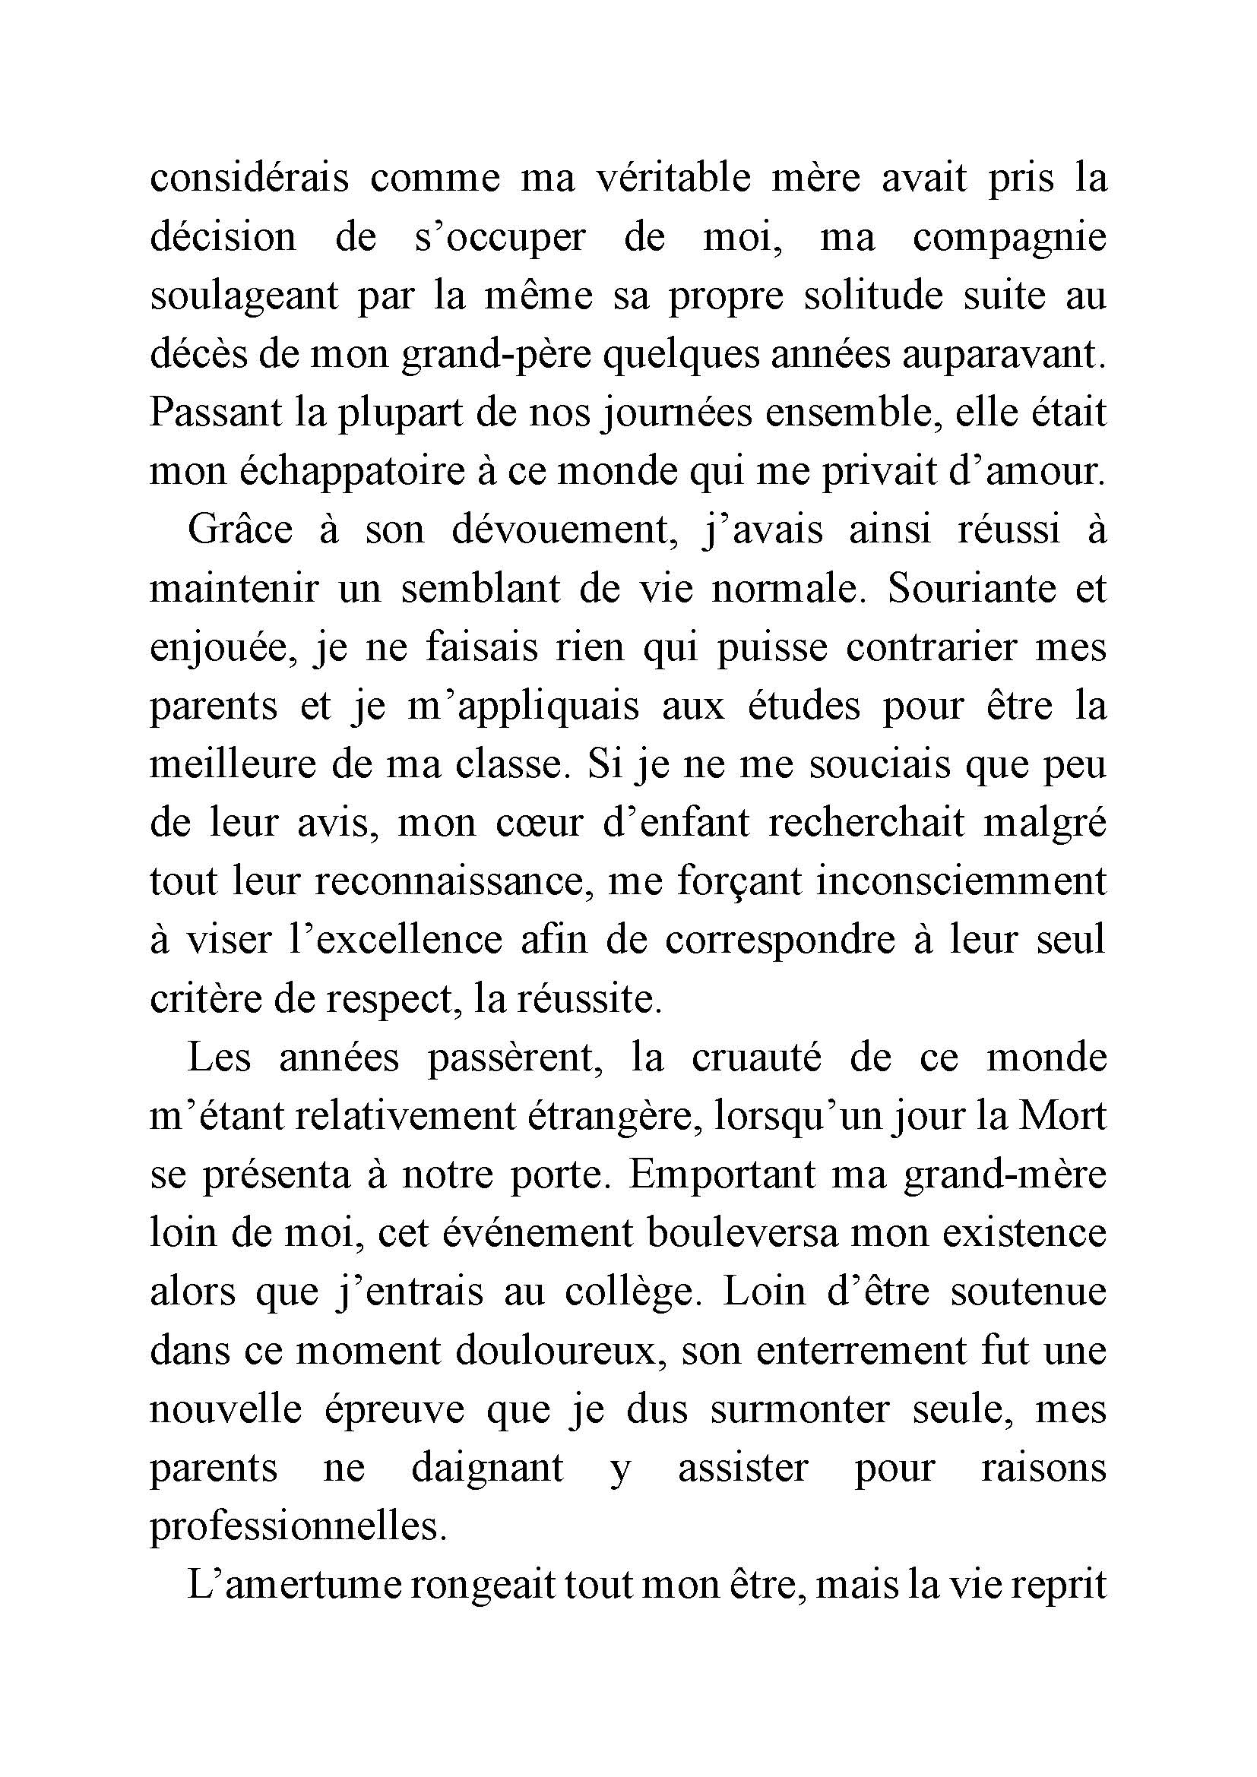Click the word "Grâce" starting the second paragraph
[240, 530]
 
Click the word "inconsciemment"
[961, 881]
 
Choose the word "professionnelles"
[298, 1527]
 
